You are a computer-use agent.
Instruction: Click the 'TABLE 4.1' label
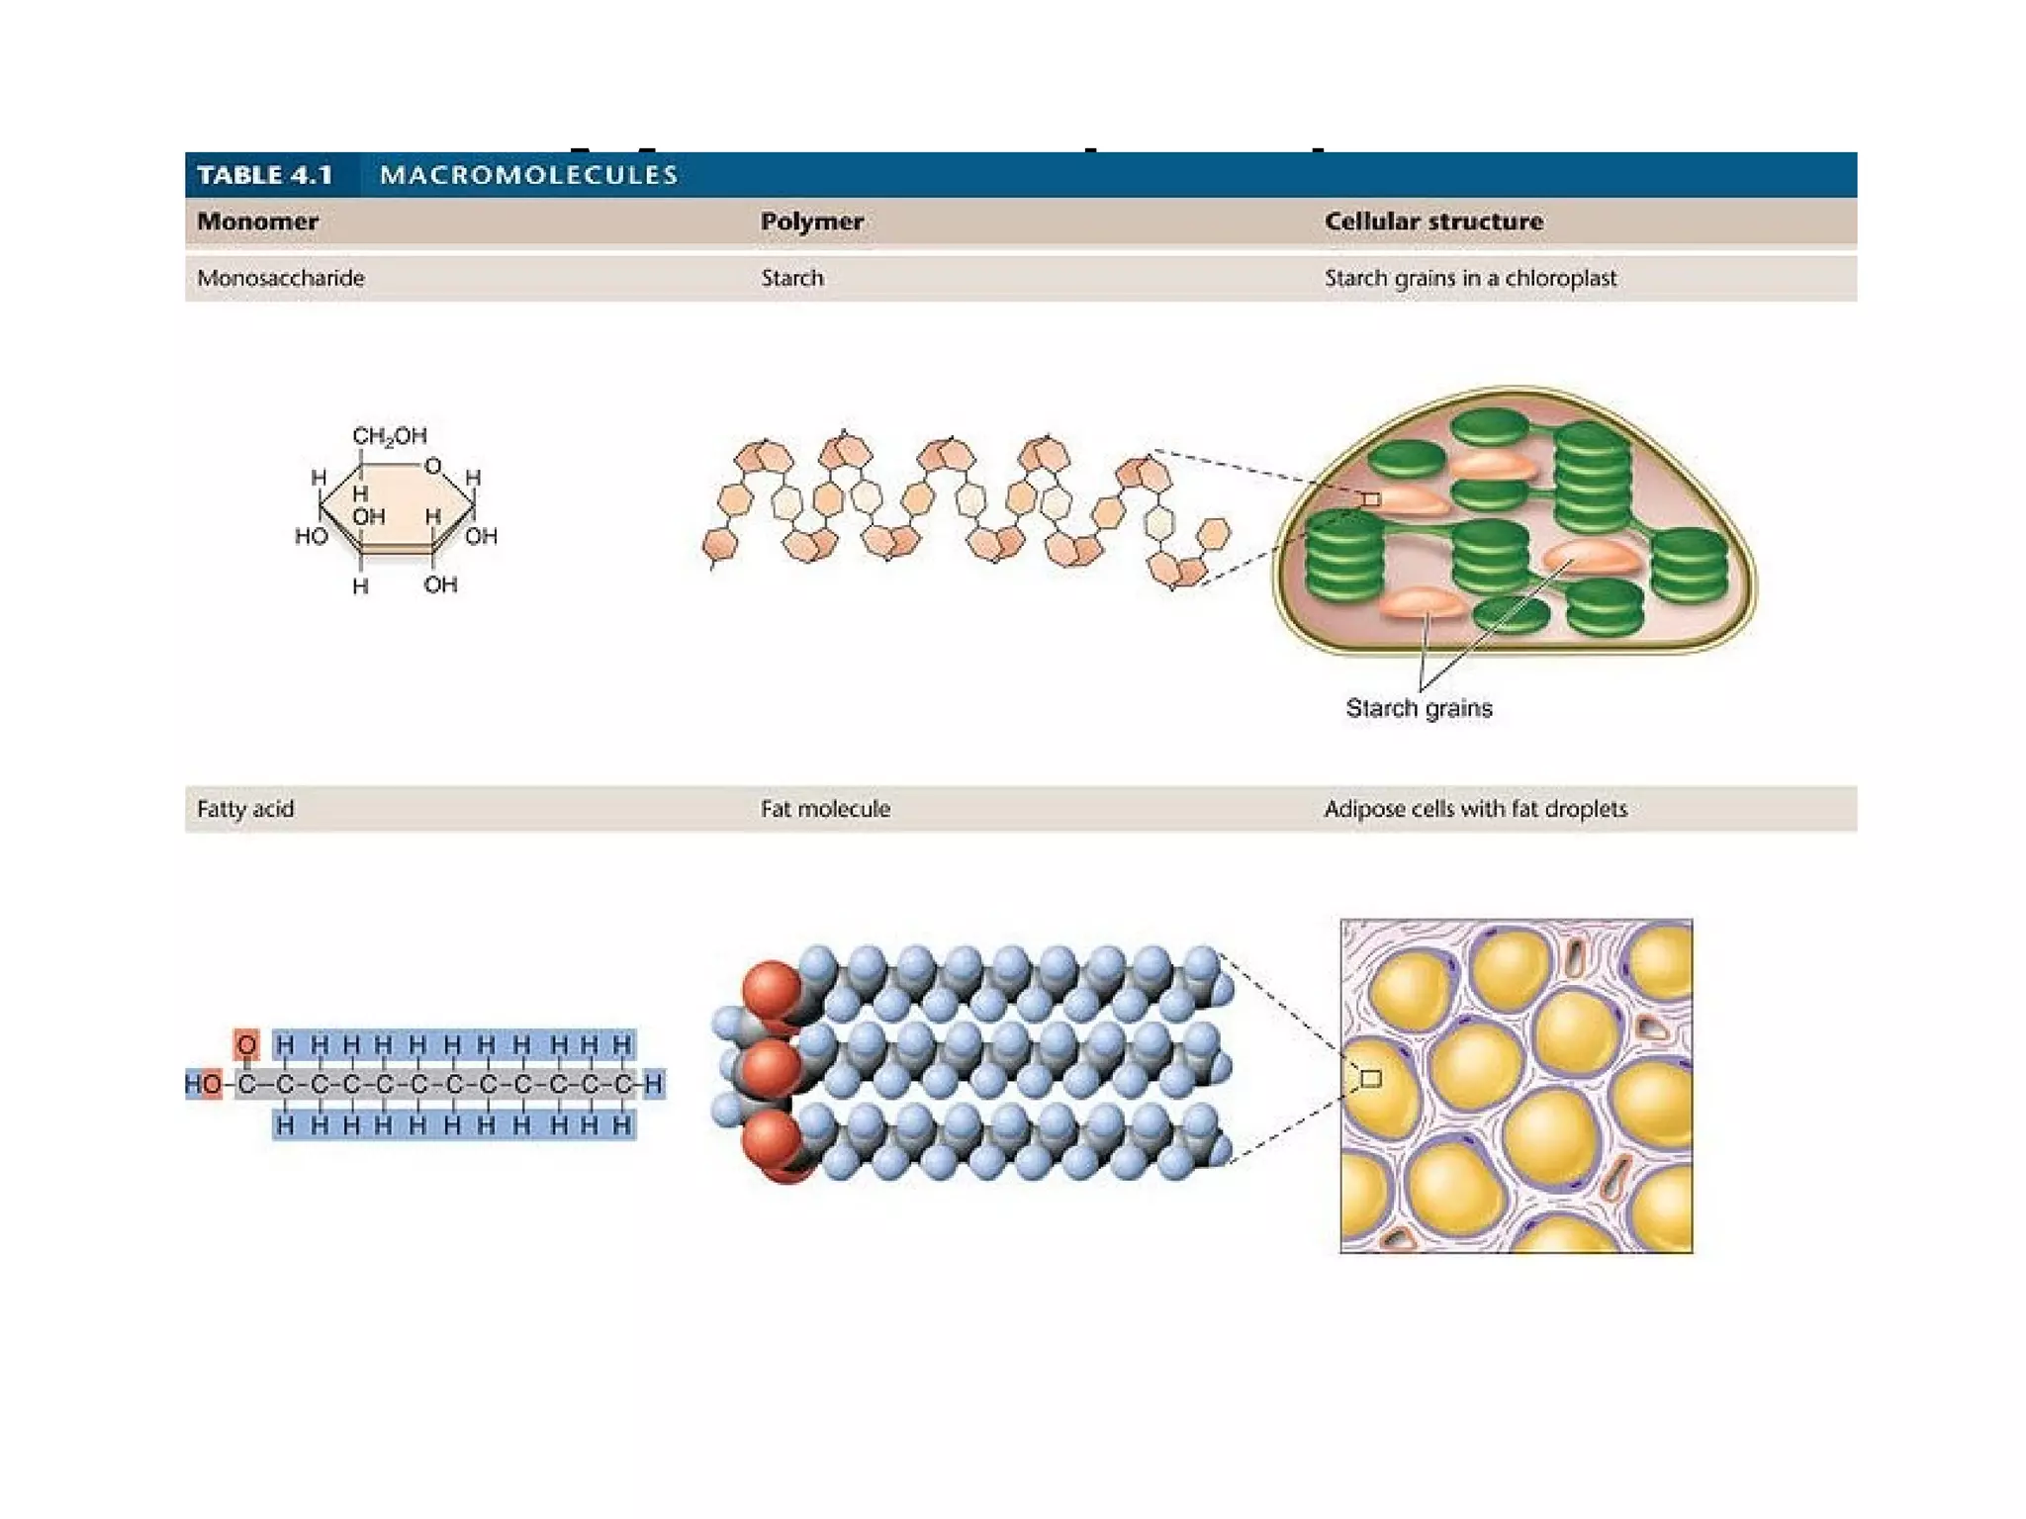264,175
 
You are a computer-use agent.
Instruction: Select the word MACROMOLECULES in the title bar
528,175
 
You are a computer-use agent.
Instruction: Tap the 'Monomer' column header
257,222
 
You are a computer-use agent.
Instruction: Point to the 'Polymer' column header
811,222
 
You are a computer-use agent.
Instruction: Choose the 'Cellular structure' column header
1433,222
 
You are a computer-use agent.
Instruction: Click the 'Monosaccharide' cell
280,278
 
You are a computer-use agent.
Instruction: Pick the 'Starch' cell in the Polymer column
791,278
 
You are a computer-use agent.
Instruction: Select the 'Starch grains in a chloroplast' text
1470,278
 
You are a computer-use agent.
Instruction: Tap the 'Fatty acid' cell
245,809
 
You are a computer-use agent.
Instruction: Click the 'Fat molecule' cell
825,809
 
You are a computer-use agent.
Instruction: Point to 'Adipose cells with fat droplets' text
1475,809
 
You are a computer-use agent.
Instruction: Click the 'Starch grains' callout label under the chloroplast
1419,708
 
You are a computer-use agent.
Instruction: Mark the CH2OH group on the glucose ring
390,436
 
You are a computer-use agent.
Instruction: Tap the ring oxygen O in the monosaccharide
432,466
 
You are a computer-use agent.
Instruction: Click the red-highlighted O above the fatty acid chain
246,1044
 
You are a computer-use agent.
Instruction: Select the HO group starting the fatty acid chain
204,1084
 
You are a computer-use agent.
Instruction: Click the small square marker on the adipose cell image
1371,1078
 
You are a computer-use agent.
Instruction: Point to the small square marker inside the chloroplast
1371,499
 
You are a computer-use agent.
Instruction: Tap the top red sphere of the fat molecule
773,989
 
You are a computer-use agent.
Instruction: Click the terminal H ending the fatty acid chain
653,1084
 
